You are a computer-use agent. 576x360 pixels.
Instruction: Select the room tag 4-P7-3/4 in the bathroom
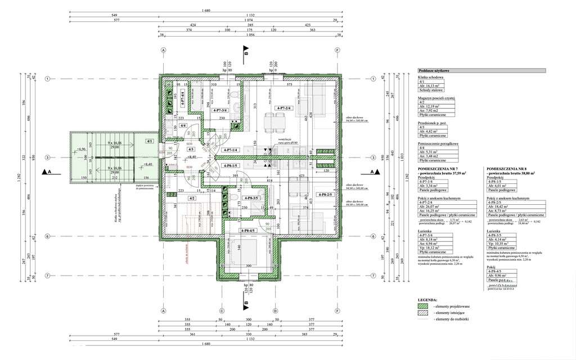point(218,111)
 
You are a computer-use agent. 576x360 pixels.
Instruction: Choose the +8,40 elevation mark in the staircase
point(147,164)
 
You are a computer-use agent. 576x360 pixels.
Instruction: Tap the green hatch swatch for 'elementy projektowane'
point(422,305)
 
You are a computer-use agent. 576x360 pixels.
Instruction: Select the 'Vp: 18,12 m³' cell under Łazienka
point(430,247)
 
